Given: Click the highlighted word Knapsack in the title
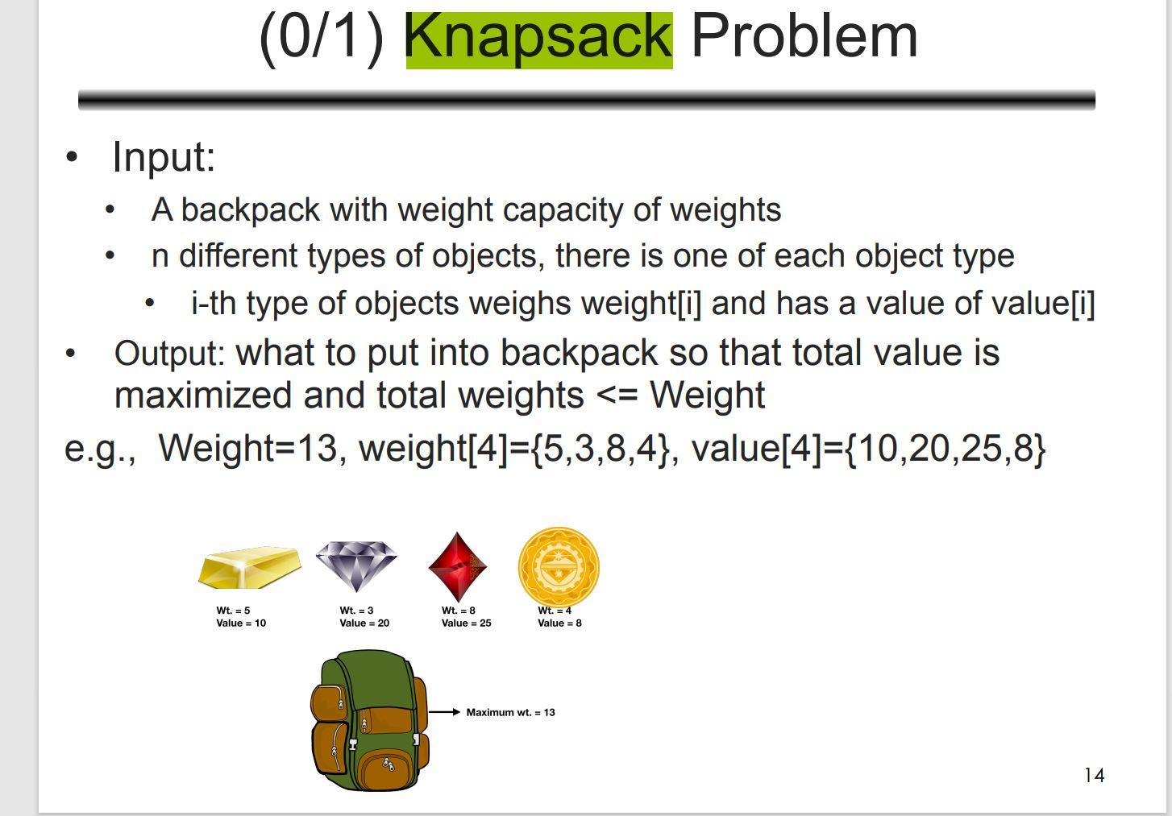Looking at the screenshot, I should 538,38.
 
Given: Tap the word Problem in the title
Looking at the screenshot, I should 804,37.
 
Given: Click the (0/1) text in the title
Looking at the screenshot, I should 321,37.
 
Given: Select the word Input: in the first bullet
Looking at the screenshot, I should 164,156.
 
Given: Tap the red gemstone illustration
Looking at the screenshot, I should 457,566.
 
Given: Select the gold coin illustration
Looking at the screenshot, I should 559,566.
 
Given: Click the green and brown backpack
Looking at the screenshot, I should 369,721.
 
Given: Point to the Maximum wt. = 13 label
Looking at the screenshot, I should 510,712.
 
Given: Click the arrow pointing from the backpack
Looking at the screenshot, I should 444,712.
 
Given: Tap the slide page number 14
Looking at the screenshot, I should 1095,775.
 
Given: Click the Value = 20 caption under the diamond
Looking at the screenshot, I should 364,623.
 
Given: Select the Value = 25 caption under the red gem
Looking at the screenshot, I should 466,623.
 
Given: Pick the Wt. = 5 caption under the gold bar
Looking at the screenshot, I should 233,610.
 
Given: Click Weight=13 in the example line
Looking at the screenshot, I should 247,448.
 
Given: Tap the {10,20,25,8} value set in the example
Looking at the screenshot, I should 945,448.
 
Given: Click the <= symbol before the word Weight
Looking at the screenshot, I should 617,396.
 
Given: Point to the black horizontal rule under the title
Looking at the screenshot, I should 586,100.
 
